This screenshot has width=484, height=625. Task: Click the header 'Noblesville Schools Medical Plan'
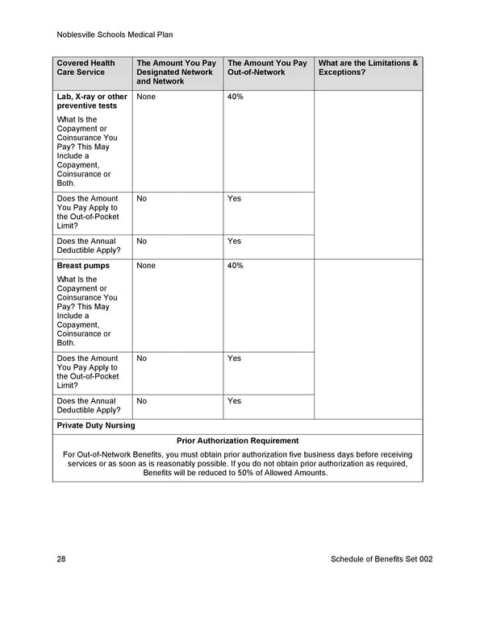point(115,35)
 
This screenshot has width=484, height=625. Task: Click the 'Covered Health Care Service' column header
point(86,68)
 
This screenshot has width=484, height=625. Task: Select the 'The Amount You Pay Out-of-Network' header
point(267,68)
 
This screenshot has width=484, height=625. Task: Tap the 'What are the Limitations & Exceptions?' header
point(368,68)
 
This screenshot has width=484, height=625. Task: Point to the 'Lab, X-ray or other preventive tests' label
point(92,101)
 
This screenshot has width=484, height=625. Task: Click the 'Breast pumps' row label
point(83,265)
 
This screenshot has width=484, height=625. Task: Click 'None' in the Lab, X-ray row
point(146,97)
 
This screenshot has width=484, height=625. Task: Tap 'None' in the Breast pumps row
point(146,265)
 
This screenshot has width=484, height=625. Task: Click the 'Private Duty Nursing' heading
point(96,425)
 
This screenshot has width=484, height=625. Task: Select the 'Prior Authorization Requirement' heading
point(237,441)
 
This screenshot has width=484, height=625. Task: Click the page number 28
point(62,559)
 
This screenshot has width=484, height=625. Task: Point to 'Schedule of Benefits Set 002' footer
point(382,559)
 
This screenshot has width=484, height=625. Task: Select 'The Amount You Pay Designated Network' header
point(177,72)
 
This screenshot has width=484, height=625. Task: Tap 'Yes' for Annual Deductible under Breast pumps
point(234,400)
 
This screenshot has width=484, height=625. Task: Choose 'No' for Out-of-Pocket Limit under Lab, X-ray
point(142,198)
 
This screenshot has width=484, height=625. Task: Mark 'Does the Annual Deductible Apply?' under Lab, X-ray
point(86,246)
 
